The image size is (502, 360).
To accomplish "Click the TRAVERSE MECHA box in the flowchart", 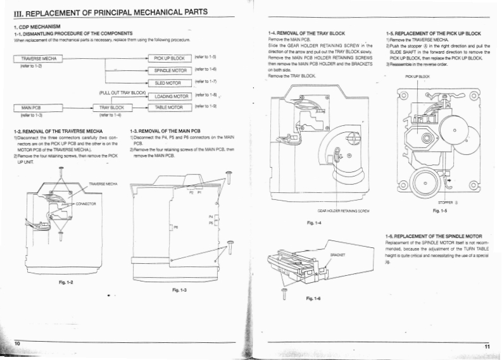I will point(40,58).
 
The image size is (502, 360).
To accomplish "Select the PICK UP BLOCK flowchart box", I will point(169,58).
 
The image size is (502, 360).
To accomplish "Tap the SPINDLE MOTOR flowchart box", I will point(169,70).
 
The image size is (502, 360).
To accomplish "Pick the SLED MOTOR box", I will point(169,82).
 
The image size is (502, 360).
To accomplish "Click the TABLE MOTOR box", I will point(169,108).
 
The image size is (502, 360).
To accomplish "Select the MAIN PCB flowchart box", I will point(32,108).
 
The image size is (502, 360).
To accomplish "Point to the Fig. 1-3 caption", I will point(179,289).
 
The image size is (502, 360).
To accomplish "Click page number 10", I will point(18,342).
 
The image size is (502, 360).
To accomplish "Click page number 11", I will point(487,346).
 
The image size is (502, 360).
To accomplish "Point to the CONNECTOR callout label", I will point(85,204).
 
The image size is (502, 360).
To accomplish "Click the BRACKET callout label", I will point(337,255).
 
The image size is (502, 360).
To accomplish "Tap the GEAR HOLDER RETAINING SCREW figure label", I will point(344,210).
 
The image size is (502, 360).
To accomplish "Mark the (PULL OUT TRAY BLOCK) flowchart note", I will point(123,93).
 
